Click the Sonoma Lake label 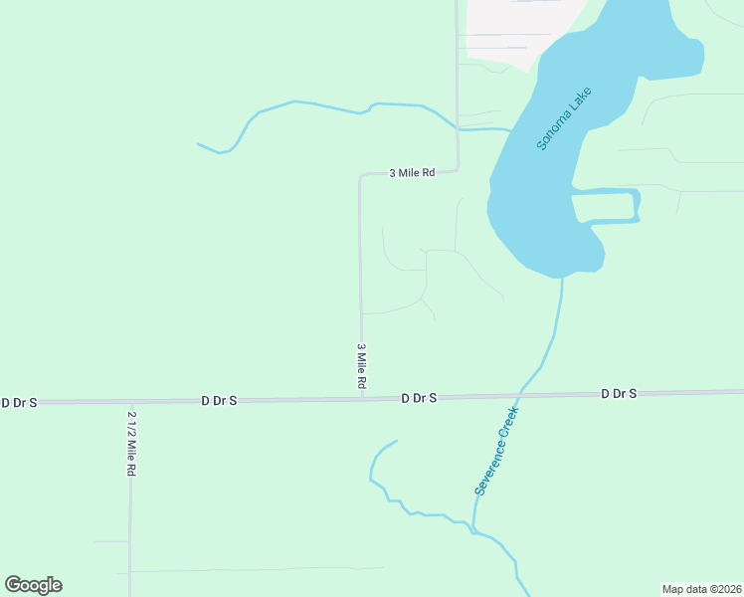point(564,119)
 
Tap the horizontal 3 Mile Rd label point(412,172)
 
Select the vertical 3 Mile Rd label point(362,366)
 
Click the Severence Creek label point(496,451)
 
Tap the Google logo point(33,585)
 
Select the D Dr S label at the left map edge point(19,402)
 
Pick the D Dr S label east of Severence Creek point(619,394)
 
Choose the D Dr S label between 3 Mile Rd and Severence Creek point(419,398)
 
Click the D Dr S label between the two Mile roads point(219,400)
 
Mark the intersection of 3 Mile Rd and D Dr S point(361,399)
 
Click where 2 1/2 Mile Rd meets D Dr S point(130,401)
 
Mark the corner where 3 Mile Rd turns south point(361,176)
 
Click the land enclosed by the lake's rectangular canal point(603,206)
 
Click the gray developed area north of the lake point(517,30)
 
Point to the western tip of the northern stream point(198,144)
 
